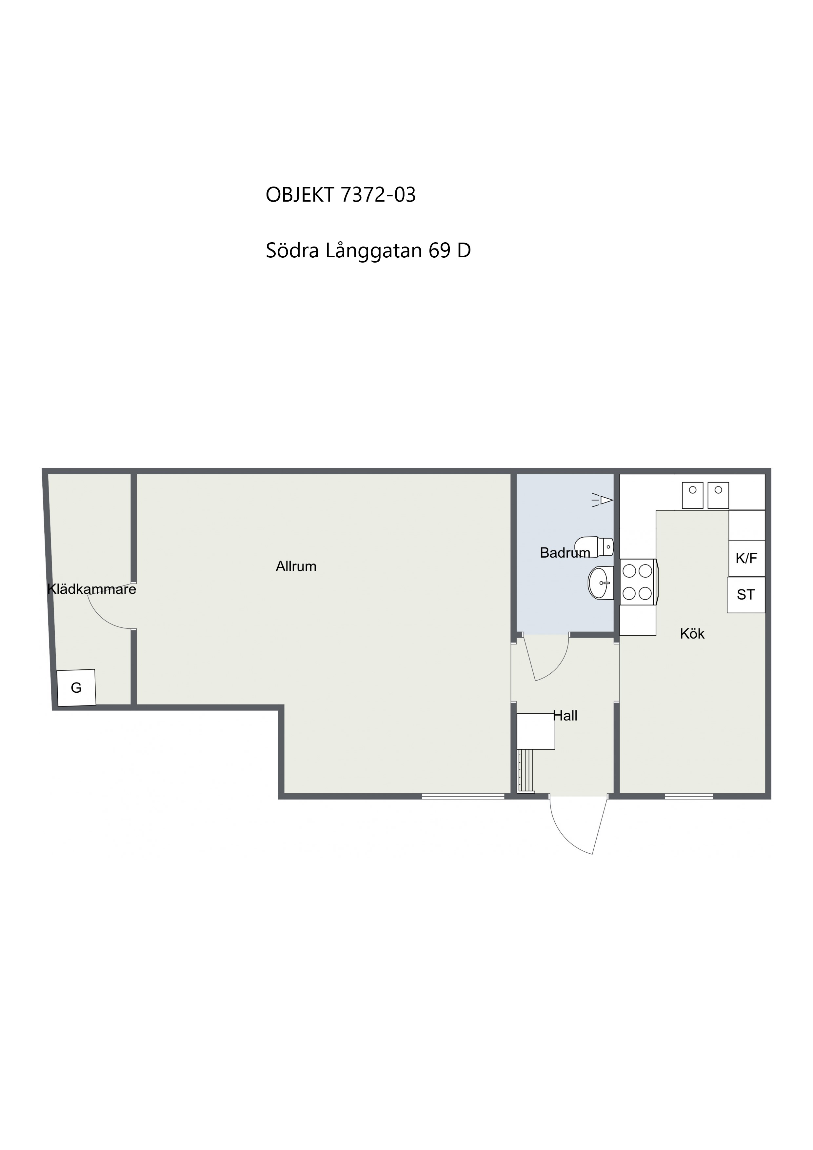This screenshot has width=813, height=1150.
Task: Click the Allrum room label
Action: point(296,566)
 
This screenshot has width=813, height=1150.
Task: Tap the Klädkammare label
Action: point(92,589)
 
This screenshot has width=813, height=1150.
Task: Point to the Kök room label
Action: point(692,634)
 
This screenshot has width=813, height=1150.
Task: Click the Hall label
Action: point(565,716)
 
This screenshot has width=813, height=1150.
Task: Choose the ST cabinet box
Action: point(746,595)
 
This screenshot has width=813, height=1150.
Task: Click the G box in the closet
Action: point(76,688)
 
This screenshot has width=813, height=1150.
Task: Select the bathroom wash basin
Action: point(601,583)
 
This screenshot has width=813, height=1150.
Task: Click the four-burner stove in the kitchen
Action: point(638,582)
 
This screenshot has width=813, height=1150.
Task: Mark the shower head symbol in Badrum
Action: point(603,500)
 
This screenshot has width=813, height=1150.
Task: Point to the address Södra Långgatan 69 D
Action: point(368,250)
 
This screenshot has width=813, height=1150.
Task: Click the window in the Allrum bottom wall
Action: point(463,796)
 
